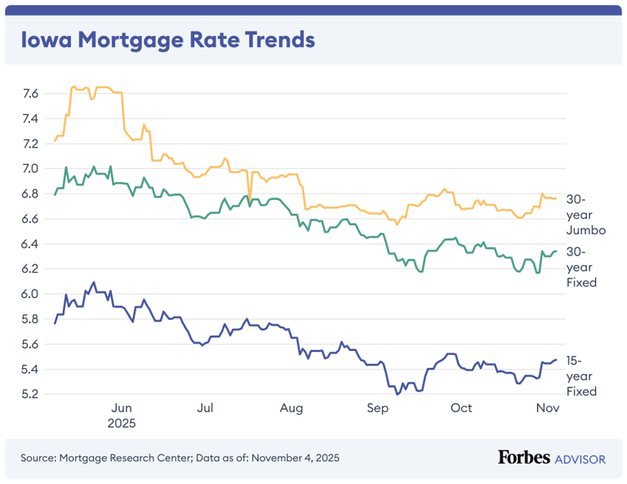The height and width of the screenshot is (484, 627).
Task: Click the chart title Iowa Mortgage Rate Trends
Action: pyautogui.click(x=167, y=40)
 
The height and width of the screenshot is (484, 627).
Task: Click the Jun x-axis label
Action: pyautogui.click(x=121, y=408)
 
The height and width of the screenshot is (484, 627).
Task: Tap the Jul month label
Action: pyautogui.click(x=206, y=408)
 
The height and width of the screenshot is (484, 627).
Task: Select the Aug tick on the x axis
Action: pyautogui.click(x=291, y=408)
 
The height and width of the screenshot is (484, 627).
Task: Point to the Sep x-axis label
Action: pyautogui.click(x=376, y=408)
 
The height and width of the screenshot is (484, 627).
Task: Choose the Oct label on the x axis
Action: pyautogui.click(x=461, y=408)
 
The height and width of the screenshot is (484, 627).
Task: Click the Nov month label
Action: pyautogui.click(x=546, y=408)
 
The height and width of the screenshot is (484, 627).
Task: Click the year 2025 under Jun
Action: pyautogui.click(x=122, y=424)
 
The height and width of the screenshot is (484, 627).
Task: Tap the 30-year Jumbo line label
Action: pyautogui.click(x=585, y=215)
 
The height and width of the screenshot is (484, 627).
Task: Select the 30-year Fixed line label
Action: pyautogui.click(x=582, y=266)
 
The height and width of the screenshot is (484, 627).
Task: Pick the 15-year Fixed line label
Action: pyautogui.click(x=582, y=375)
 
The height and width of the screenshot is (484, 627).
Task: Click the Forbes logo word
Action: pyautogui.click(x=524, y=458)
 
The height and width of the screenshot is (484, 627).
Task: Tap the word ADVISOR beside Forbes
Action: pyautogui.click(x=580, y=460)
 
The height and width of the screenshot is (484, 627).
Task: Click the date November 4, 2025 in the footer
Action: pyautogui.click(x=295, y=458)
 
